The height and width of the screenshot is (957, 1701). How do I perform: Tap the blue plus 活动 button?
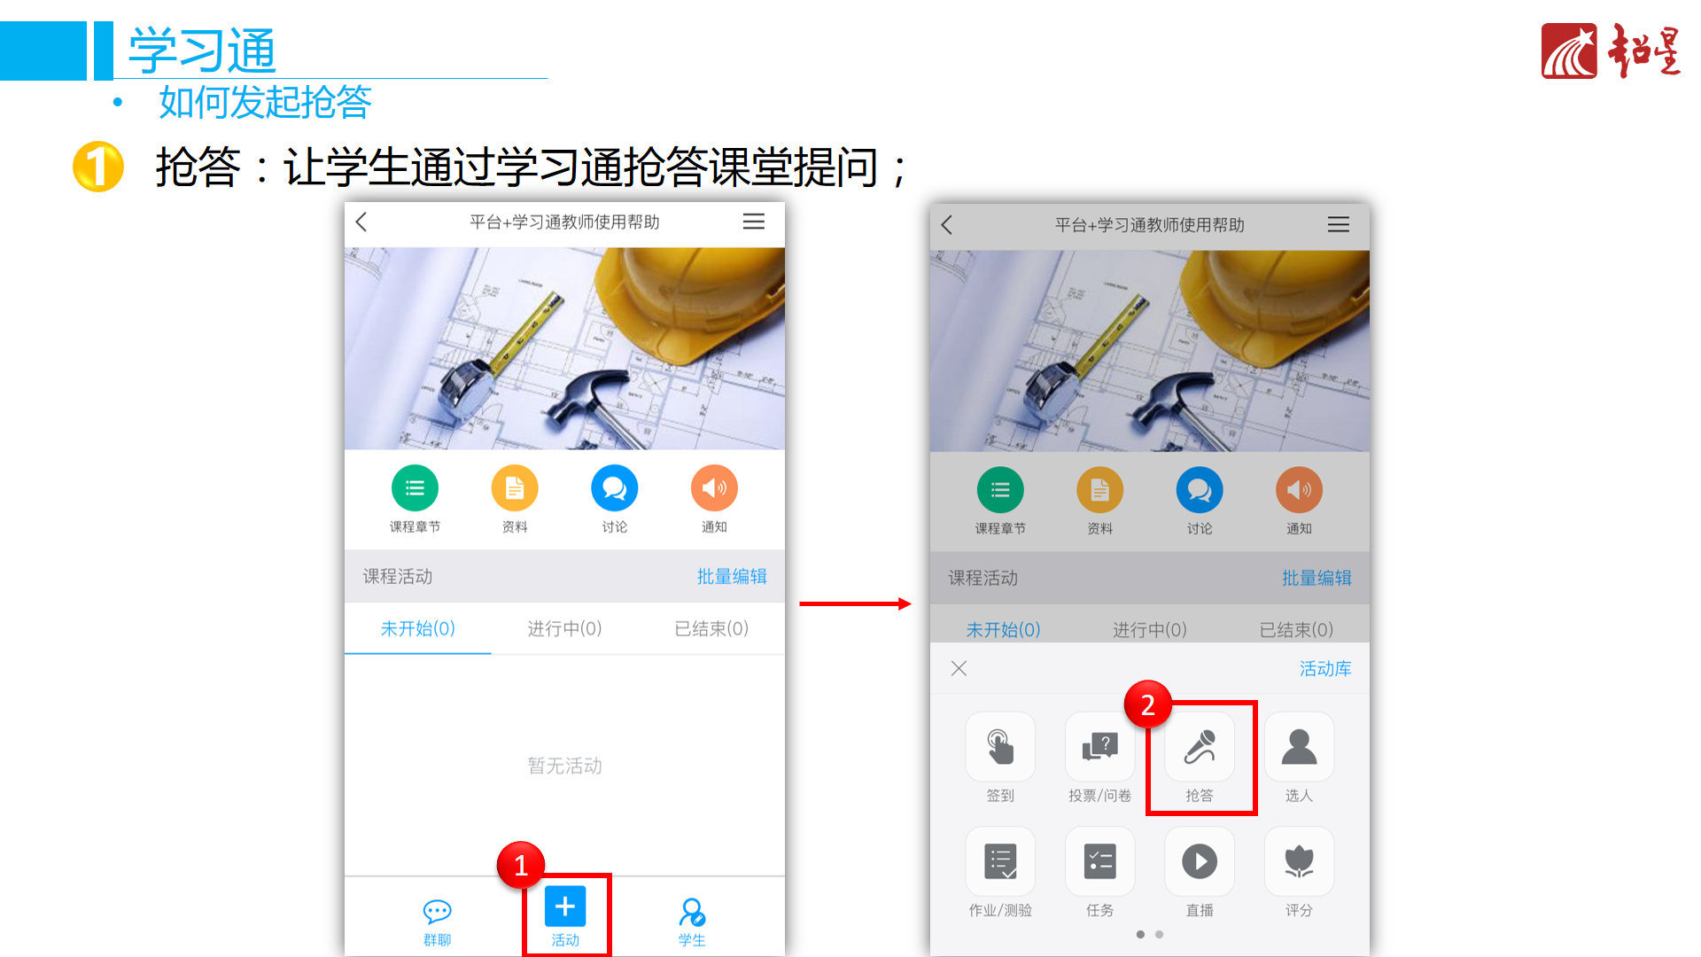point(565,907)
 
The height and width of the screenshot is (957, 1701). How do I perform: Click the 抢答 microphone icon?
point(1200,747)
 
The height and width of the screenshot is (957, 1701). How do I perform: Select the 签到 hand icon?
point(1000,747)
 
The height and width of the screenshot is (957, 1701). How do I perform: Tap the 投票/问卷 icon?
point(1099,747)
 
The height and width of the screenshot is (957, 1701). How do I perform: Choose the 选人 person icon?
point(1299,747)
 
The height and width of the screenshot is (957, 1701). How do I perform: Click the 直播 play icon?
point(1200,861)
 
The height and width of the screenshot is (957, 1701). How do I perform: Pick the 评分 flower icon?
point(1299,861)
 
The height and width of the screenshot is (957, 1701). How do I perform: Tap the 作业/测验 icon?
point(1000,861)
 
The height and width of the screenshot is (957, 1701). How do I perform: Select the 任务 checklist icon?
point(1099,861)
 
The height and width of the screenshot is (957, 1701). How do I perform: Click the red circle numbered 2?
point(1148,704)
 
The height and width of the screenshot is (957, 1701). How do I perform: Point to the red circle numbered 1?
point(521,865)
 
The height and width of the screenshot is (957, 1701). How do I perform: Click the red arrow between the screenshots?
point(855,604)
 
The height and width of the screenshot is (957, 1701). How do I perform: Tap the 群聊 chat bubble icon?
point(438,912)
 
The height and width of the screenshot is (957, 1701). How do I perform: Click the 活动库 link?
point(1325,669)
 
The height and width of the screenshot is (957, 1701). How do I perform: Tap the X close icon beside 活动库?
point(959,669)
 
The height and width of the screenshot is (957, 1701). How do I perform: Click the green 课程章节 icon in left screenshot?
point(415,488)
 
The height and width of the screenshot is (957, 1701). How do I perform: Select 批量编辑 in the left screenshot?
point(732,577)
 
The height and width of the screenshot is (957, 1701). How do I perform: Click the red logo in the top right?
point(1569,51)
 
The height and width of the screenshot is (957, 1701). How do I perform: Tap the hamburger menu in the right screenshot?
point(1339,225)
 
